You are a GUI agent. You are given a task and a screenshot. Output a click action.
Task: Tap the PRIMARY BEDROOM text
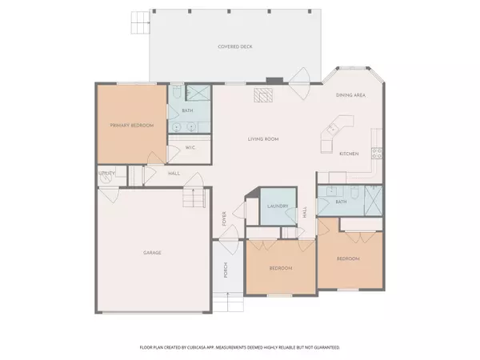pyautogui.click(x=131, y=126)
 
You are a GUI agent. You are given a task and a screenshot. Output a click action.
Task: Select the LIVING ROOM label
pyautogui.click(x=262, y=139)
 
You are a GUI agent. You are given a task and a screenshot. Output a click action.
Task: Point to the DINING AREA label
pyautogui.click(x=351, y=95)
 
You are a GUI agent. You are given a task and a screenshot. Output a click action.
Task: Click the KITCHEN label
pyautogui.click(x=349, y=153)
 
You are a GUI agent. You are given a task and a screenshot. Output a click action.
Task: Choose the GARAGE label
pyautogui.click(x=153, y=253)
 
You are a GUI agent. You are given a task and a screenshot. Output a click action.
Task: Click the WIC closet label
pyautogui.click(x=190, y=148)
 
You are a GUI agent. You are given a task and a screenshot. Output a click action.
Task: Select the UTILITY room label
pyautogui.click(x=106, y=173)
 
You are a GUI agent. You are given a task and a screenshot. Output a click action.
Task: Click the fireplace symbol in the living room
pyautogui.click(x=263, y=96)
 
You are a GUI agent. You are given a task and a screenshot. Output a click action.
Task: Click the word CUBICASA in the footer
pyautogui.click(x=211, y=348)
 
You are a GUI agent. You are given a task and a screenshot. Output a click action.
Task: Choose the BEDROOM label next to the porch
pyautogui.click(x=280, y=267)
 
